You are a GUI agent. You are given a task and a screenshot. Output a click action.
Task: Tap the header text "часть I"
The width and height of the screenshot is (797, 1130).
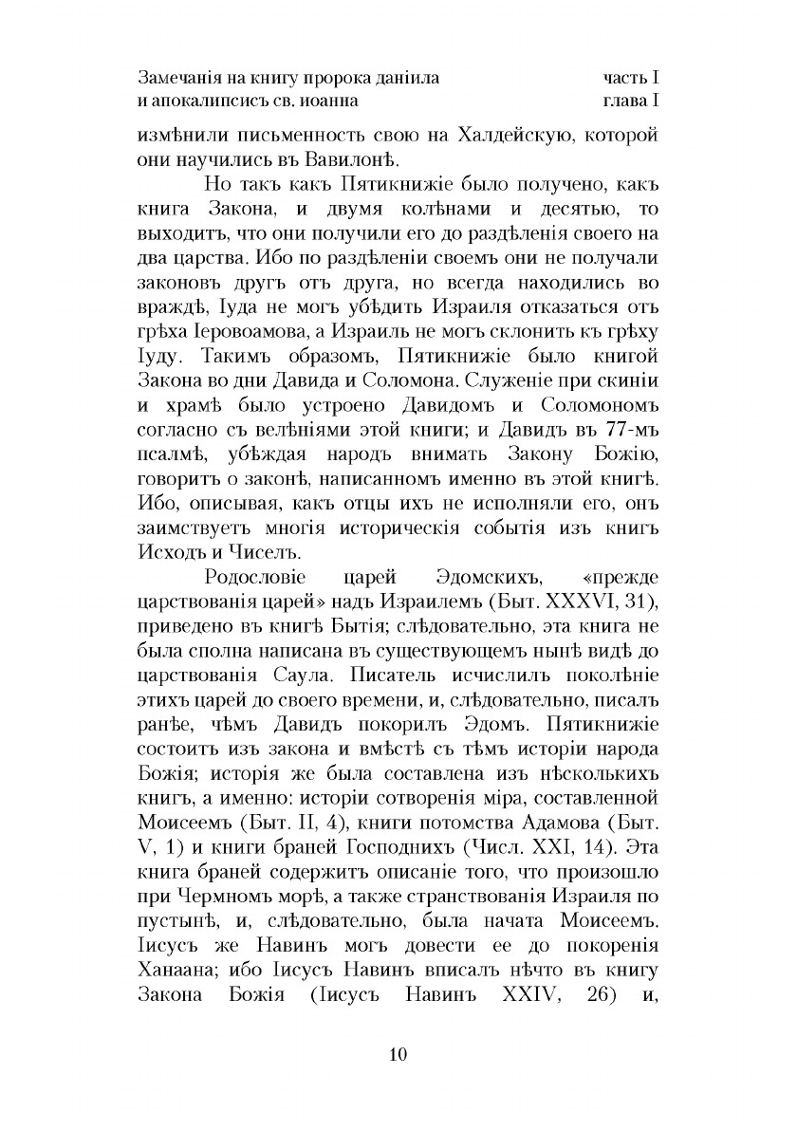point(631,74)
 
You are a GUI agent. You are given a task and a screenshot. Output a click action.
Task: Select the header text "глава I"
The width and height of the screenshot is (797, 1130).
point(631,98)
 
